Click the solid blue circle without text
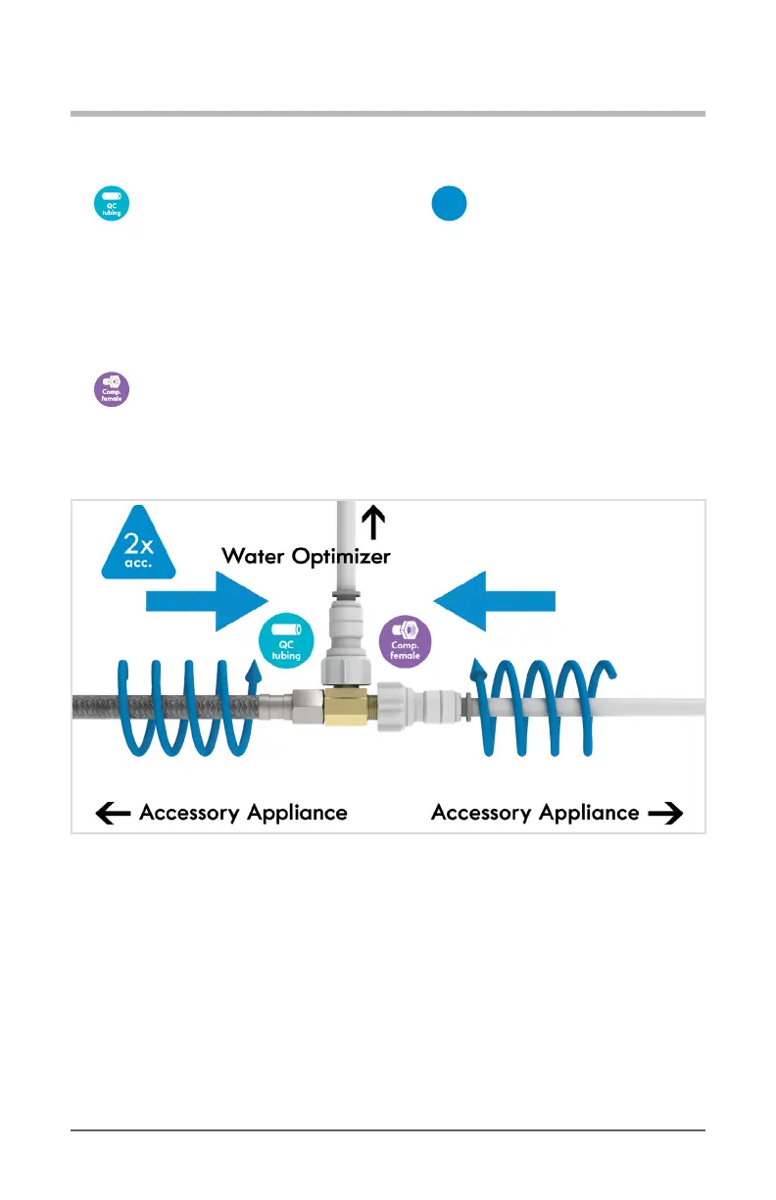tap(449, 203)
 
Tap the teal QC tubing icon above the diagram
tap(112, 202)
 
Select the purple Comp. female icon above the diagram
tap(112, 388)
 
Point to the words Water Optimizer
tap(306, 556)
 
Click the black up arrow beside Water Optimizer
tap(371, 520)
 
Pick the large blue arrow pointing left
tap(496, 600)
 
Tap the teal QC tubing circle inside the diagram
tap(286, 642)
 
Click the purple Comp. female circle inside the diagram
tap(405, 641)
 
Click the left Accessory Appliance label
tap(243, 813)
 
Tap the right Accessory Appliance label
tap(535, 813)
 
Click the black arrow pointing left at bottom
tap(114, 814)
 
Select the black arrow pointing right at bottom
tap(665, 814)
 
